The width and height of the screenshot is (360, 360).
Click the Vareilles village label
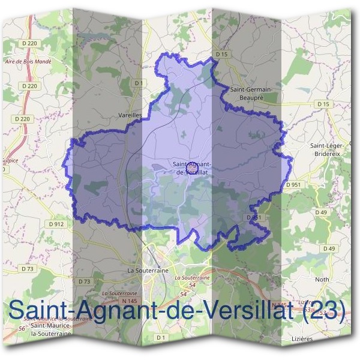(x=130, y=113)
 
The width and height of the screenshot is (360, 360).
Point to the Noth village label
(x=322, y=280)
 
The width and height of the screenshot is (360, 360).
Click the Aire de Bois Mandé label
(x=28, y=61)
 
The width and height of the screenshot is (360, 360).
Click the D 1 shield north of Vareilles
(x=138, y=82)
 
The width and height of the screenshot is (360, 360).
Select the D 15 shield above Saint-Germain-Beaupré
(x=222, y=55)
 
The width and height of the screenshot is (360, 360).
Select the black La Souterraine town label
(x=148, y=271)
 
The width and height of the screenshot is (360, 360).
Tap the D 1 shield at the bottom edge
(x=160, y=338)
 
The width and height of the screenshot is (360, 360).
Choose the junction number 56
(x=22, y=329)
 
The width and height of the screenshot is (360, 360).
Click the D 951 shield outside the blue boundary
(x=293, y=185)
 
